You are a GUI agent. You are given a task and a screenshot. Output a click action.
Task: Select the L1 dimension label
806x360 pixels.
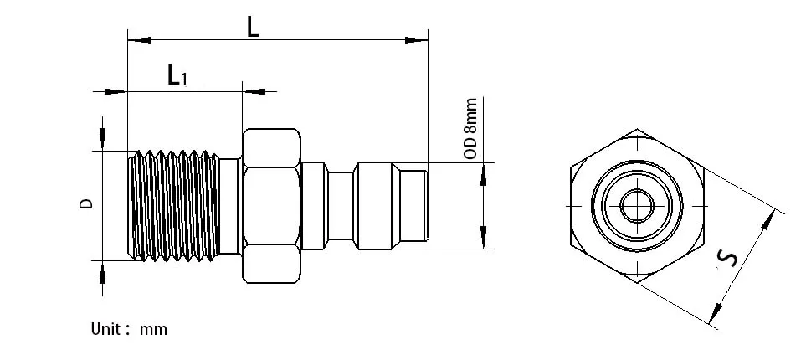(x=177, y=76)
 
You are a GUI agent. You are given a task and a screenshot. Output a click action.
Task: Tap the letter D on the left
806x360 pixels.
(x=86, y=203)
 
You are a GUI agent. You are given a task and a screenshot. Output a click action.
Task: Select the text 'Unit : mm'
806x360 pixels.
(x=129, y=329)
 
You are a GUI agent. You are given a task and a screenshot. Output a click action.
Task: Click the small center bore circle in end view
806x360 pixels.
(x=637, y=203)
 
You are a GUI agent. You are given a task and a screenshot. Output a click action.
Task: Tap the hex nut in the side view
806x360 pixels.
(x=270, y=205)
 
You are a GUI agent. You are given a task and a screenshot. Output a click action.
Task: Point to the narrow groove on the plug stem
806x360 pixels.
(x=340, y=205)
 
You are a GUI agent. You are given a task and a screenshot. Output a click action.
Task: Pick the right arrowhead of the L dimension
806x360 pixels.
(x=417, y=39)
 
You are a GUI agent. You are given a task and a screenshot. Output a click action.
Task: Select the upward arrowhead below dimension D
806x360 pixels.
(x=103, y=271)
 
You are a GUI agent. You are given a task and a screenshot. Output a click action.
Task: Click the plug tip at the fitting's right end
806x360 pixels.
(x=417, y=205)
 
